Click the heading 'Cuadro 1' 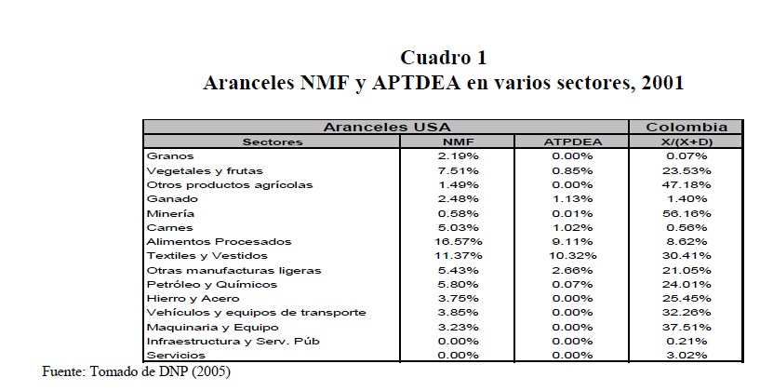[443, 57]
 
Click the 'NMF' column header [458, 142]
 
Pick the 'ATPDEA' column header [573, 142]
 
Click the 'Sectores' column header [272, 142]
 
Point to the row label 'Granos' [168, 155]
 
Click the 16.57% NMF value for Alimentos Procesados [458, 241]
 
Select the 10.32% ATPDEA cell [573, 255]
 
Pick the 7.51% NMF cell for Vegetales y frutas [458, 170]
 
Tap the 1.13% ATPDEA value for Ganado [573, 198]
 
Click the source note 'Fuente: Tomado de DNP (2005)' [136, 371]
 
